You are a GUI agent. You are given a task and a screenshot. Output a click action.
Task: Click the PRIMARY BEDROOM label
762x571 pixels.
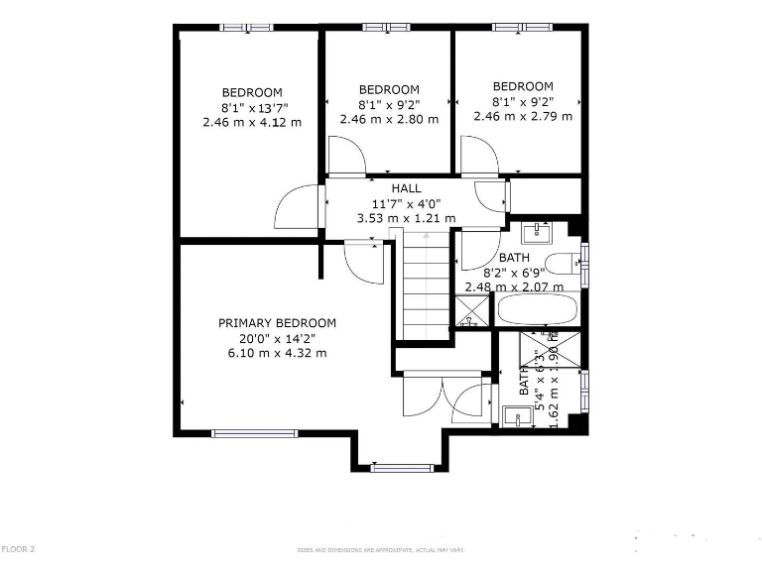(x=277, y=323)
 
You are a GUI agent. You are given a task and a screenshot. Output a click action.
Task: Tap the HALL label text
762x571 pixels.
(x=406, y=188)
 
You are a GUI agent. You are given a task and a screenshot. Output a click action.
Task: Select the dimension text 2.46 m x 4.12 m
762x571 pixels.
(x=251, y=122)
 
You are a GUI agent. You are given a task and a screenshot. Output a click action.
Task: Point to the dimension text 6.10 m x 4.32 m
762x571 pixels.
(x=277, y=353)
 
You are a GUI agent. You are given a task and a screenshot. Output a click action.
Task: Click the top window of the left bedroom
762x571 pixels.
(x=246, y=27)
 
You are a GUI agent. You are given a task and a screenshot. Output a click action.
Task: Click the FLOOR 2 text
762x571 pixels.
(x=18, y=548)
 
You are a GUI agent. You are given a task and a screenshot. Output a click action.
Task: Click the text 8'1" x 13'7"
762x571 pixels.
(x=251, y=107)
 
